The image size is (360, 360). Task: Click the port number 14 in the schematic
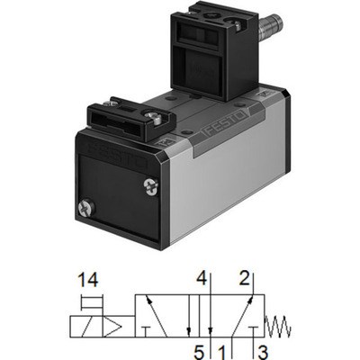[88, 280]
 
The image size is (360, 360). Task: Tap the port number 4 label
[202, 279]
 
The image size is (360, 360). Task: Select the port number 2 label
[245, 278]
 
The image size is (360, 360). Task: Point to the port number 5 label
[199, 353]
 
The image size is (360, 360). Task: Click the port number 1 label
[221, 353]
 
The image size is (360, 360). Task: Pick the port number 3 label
[263, 353]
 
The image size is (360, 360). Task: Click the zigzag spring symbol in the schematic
[278, 326]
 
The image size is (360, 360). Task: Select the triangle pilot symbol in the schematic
[112, 326]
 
